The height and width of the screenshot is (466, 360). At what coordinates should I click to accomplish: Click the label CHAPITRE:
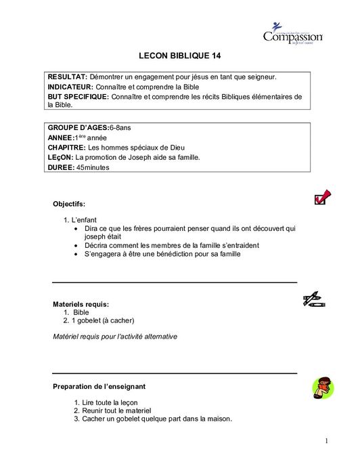tap(66, 147)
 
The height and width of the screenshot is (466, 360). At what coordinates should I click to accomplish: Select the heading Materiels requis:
tap(81, 304)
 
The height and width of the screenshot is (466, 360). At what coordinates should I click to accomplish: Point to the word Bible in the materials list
tap(81, 312)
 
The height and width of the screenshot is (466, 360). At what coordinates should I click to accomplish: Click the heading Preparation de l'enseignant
tap(99, 386)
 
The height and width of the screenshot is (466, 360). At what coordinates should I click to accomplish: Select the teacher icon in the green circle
tap(321, 389)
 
